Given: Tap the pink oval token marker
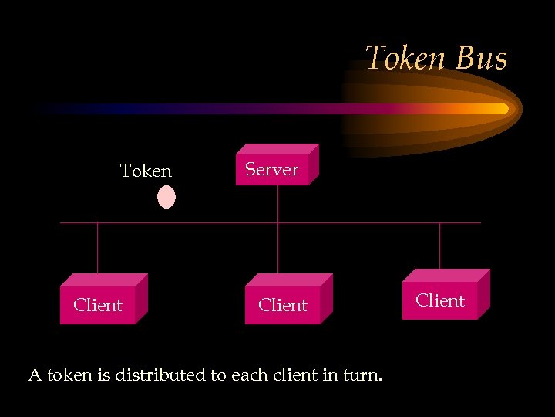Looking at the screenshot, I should (166, 197).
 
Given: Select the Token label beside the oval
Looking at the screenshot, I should (146, 171).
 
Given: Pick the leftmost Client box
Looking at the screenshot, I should (99, 305).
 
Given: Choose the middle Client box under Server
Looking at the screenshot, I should (284, 305).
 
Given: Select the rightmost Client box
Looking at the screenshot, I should (441, 300).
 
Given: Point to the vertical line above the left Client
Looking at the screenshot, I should (98, 247).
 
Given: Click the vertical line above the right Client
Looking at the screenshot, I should (440, 246).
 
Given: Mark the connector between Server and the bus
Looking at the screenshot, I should (277, 204).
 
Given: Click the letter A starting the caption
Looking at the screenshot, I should (35, 376).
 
